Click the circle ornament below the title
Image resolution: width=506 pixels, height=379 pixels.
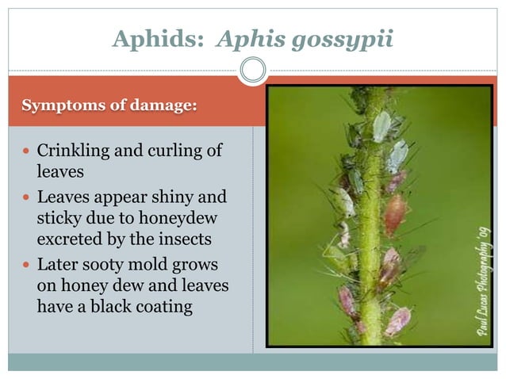(253, 71)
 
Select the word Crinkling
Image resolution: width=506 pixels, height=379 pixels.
(71, 151)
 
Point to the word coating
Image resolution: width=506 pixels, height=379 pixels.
(162, 306)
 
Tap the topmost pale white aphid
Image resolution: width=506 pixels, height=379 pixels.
(382, 126)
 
